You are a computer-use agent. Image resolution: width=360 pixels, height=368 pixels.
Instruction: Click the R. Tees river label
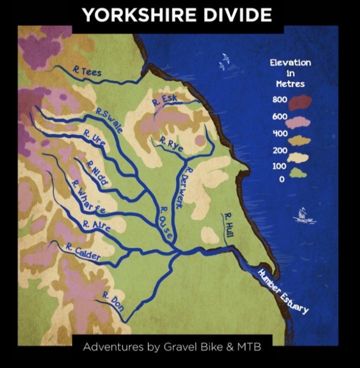tap(87, 72)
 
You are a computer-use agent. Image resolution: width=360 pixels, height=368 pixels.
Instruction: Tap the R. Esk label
tap(164, 101)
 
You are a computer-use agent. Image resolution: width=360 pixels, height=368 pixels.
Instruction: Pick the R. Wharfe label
tap(88, 195)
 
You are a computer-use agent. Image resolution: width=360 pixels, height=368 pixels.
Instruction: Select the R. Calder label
tap(83, 252)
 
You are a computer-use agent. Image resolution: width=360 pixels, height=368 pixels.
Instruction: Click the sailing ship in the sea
tap(303, 215)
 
